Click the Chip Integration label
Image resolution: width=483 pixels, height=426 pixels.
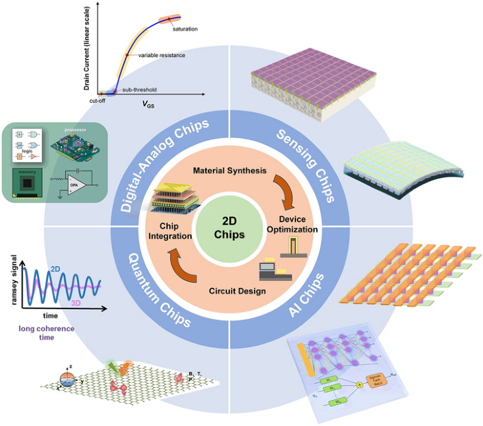tap(170, 232)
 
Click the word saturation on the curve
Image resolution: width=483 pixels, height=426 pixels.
tap(185, 29)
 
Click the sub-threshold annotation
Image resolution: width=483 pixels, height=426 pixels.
tap(137, 89)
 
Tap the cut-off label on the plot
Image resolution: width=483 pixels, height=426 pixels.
tap(98, 101)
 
